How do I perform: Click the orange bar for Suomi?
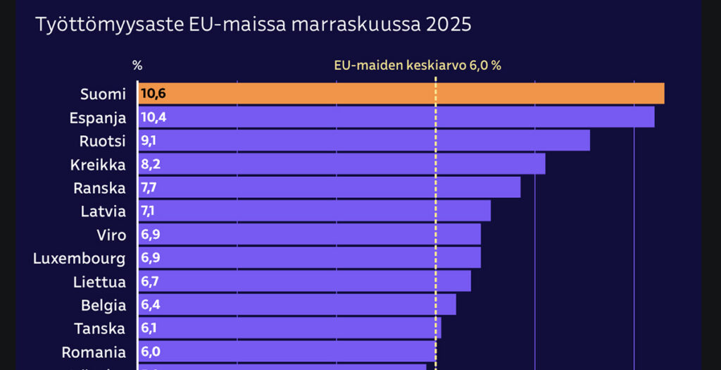tap(401, 94)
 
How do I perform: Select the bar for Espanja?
tap(396, 117)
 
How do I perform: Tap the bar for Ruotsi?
tap(363, 140)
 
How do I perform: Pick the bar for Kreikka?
tap(341, 164)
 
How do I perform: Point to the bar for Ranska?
tap(329, 187)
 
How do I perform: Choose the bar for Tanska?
tap(289, 328)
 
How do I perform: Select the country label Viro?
tap(111, 235)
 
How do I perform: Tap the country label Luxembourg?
tap(80, 258)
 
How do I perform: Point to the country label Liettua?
tap(99, 282)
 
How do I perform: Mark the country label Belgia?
tap(103, 305)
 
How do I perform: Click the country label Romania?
tap(94, 352)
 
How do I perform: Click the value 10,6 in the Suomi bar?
tap(153, 94)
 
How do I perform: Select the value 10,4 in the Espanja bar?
tap(153, 117)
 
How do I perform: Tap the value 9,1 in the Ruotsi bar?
tap(149, 140)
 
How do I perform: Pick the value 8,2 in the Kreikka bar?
tap(150, 164)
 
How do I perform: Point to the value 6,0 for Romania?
tap(150, 352)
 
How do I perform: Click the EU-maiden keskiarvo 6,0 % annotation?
tap(417, 66)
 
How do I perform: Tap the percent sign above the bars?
tap(137, 66)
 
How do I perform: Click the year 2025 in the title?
tap(448, 25)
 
